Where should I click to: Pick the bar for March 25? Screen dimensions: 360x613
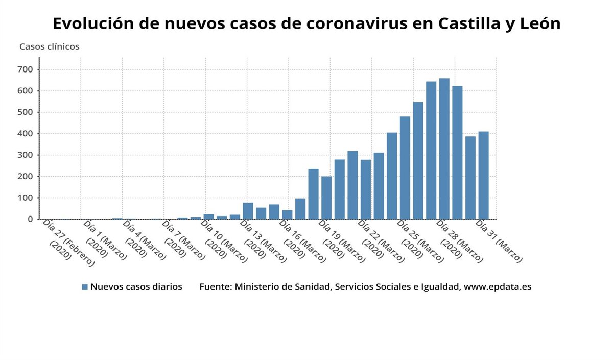405,168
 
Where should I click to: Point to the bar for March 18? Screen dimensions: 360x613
313,194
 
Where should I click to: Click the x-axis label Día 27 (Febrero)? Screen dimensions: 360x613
64,241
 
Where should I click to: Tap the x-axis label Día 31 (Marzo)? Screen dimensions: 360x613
499,241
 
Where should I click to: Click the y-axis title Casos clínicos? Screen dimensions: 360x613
49,46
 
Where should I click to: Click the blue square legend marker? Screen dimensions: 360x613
85,287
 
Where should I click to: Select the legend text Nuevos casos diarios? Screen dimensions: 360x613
136,287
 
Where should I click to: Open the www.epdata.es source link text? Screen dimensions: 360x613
497,287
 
